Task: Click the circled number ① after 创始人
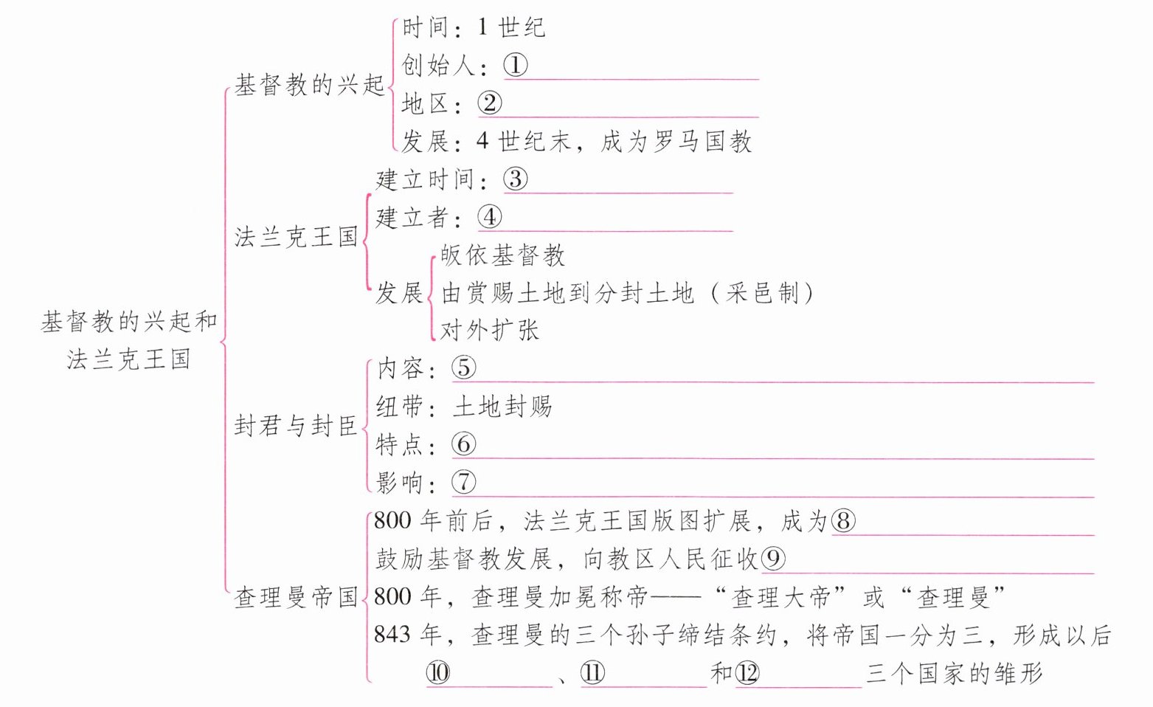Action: [x=516, y=66]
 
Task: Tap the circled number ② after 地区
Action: [x=489, y=103]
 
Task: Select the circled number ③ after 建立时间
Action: [x=516, y=179]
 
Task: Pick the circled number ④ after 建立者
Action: [x=489, y=217]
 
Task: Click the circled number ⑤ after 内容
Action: [x=464, y=368]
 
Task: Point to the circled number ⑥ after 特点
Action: [x=464, y=444]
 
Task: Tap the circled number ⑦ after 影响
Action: [x=464, y=482]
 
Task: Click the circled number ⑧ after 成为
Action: [x=843, y=521]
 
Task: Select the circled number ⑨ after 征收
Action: [x=773, y=559]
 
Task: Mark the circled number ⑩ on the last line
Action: [x=438, y=673]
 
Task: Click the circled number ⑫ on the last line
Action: [x=747, y=673]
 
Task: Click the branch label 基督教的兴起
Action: [x=310, y=85]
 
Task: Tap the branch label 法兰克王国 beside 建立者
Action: [x=297, y=237]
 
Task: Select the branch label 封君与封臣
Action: [x=297, y=425]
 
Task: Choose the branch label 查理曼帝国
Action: [x=297, y=596]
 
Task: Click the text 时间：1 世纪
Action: [x=473, y=28]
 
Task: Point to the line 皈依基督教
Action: [x=503, y=255]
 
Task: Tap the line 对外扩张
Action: [x=490, y=330]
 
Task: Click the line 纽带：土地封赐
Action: [x=463, y=406]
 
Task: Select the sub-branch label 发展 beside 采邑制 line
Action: [x=399, y=292]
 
